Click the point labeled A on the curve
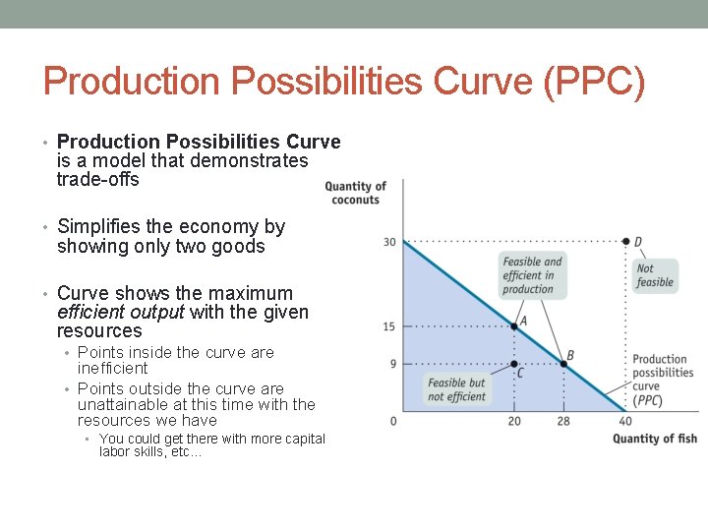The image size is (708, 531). point(514,326)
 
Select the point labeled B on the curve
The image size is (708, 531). point(563,364)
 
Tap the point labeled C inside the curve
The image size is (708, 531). point(514,364)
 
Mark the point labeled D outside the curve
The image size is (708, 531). point(626,241)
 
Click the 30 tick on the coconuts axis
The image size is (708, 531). point(390,242)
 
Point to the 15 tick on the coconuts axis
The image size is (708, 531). point(390,326)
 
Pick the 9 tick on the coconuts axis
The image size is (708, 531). point(392,364)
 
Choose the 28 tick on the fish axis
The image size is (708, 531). point(563,422)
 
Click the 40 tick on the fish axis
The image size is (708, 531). point(625,422)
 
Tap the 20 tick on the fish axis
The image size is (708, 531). point(514,422)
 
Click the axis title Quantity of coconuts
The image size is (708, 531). point(355,193)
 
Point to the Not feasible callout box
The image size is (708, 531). point(655,275)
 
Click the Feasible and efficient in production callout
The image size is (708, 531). point(532,275)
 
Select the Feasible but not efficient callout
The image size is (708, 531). point(457,389)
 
